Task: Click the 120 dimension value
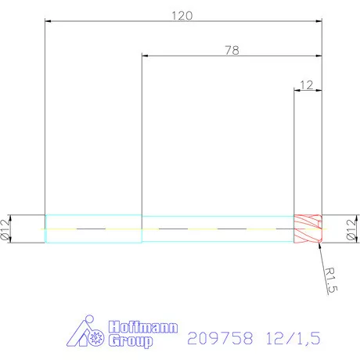(x=182, y=15)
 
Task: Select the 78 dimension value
(x=231, y=50)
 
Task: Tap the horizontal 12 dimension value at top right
(x=306, y=83)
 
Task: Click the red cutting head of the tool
(x=308, y=229)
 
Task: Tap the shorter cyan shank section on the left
(x=93, y=229)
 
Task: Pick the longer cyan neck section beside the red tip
(x=217, y=229)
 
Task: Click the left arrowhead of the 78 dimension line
(x=144, y=56)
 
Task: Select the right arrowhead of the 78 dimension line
(x=319, y=56)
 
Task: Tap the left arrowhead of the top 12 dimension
(x=296, y=89)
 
